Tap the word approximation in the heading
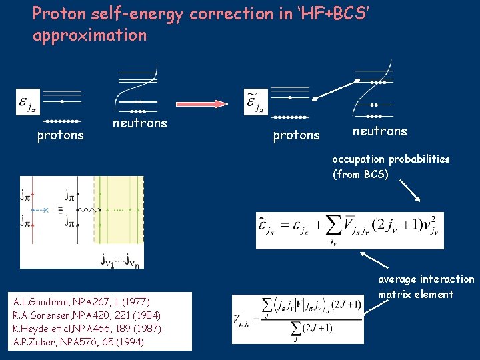[x=89, y=35]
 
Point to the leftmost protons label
[x=60, y=136]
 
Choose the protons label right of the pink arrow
[x=296, y=136]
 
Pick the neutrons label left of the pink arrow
[x=139, y=123]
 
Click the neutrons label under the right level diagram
[x=379, y=131]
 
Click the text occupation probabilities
[x=391, y=159]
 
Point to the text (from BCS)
[x=360, y=175]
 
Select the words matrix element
[x=415, y=294]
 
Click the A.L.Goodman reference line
[x=74, y=302]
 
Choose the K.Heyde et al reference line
[x=87, y=328]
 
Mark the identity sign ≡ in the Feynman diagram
[x=61, y=209]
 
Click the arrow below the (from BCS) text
[x=410, y=192]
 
